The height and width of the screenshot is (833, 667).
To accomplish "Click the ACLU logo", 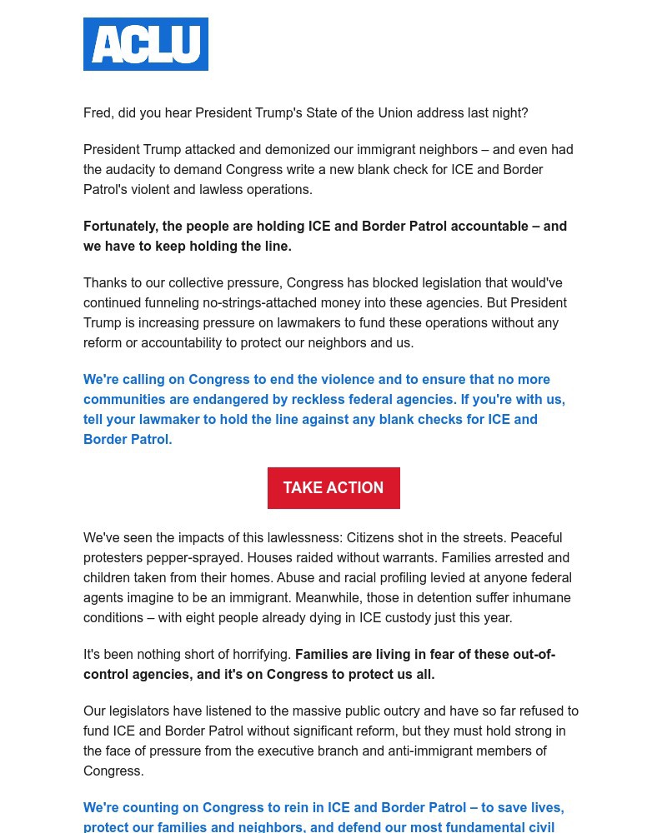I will [146, 44].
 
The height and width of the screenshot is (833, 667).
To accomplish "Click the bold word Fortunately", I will [119, 226].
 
